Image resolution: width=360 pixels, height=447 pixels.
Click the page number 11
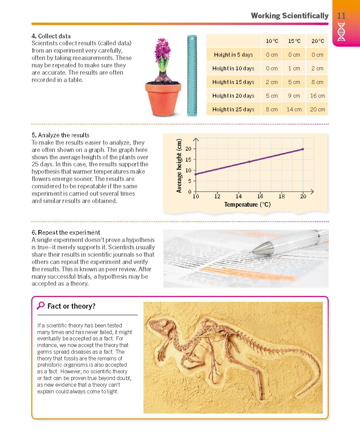(x=341, y=16)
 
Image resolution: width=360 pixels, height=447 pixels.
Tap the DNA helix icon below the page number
(x=341, y=32)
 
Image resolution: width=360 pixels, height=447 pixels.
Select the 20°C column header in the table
(x=317, y=41)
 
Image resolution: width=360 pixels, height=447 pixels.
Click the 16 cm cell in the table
(x=317, y=96)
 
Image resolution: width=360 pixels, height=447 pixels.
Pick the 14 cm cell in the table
(x=294, y=109)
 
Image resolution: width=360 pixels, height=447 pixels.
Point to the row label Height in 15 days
(x=233, y=82)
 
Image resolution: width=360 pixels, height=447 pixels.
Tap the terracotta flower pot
(x=163, y=98)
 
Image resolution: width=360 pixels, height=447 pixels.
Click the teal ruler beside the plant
(x=192, y=75)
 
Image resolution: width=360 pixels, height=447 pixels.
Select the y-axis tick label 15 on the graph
(x=188, y=159)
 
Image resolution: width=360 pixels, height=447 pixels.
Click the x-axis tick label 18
(x=282, y=197)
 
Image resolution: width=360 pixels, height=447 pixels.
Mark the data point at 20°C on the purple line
(x=303, y=149)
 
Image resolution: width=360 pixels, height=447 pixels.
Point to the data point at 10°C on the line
(x=196, y=174)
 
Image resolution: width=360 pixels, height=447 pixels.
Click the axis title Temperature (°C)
(x=247, y=204)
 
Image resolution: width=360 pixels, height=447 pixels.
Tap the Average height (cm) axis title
(x=179, y=166)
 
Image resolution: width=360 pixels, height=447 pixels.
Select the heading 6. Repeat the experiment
(x=66, y=232)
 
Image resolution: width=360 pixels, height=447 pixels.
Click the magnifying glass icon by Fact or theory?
(x=41, y=305)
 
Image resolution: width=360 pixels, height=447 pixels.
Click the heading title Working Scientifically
(x=289, y=16)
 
